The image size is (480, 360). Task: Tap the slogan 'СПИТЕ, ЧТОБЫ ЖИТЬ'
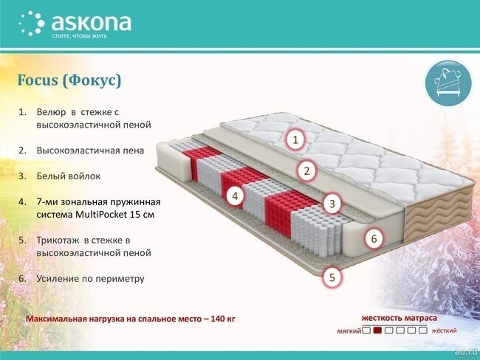click(79, 36)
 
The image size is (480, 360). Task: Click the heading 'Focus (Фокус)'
click(69, 80)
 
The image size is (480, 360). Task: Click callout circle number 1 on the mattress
click(295, 139)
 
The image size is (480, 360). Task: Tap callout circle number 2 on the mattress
click(306, 171)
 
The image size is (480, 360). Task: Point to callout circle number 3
click(332, 204)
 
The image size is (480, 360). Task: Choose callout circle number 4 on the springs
click(235, 195)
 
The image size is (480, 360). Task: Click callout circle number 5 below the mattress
click(332, 277)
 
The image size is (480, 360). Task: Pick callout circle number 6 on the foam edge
click(374, 238)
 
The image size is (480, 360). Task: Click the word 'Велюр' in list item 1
click(51, 113)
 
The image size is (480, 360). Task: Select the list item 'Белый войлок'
click(69, 176)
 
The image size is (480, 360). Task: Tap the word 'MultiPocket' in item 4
click(101, 215)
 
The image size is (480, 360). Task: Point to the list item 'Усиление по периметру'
click(90, 279)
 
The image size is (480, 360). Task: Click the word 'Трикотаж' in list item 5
click(58, 240)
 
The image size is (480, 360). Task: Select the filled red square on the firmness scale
click(377, 330)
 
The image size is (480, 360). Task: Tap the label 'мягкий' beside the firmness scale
click(349, 331)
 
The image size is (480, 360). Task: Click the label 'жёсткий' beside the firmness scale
click(444, 330)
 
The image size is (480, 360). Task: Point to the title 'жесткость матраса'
click(400, 318)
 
